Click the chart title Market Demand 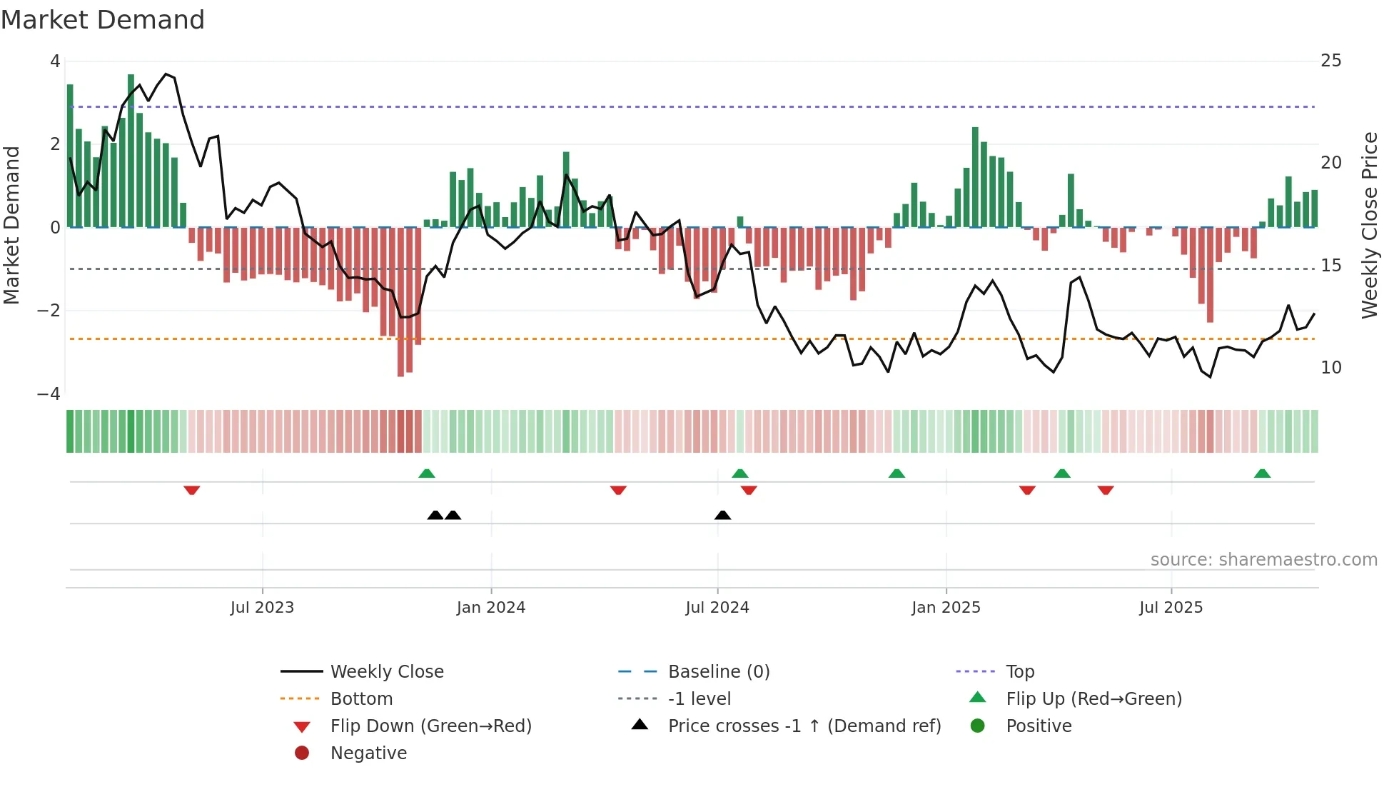coord(103,20)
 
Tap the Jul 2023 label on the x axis coord(262,608)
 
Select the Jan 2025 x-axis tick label coord(946,608)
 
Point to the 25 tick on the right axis coord(1330,61)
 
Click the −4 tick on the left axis coord(49,394)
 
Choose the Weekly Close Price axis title coord(1369,225)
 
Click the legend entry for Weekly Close coord(386,672)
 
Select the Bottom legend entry coord(361,699)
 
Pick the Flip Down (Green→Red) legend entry coord(430,726)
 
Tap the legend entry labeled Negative coord(368,753)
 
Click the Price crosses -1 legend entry coord(804,726)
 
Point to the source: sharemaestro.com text coord(1263,560)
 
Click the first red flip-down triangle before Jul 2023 coord(191,491)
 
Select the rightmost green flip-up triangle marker coord(1262,473)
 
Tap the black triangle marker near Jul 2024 coord(722,515)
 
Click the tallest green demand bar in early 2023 coord(131,150)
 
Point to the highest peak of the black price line coord(166,74)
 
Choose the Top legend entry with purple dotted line coord(1019,672)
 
